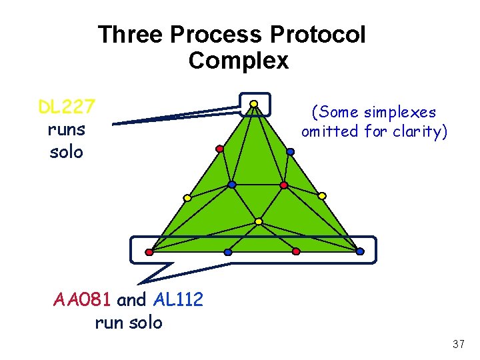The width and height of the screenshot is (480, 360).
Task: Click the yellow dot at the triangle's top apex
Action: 254,103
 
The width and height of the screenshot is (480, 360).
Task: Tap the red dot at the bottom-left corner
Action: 149,252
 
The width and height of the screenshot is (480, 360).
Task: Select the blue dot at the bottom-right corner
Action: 360,251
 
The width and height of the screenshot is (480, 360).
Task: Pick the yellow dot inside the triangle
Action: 259,221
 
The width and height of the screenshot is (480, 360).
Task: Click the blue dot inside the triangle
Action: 231,184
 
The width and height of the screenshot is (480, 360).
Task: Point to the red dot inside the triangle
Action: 283,185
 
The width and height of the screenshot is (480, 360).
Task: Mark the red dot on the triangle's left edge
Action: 219,149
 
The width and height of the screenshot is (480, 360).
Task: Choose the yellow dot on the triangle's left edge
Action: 187,198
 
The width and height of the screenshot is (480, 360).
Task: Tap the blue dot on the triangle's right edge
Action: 290,152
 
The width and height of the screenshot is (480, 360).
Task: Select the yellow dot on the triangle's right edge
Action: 321,196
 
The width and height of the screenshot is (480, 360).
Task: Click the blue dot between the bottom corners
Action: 228,252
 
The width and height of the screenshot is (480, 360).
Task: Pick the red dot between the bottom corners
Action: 296,251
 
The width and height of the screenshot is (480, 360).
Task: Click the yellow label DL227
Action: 66,107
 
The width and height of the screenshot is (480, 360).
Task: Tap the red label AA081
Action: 83,300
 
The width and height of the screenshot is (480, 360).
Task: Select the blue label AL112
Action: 178,300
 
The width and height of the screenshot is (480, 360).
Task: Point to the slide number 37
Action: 458,344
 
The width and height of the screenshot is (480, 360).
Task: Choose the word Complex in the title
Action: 239,61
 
